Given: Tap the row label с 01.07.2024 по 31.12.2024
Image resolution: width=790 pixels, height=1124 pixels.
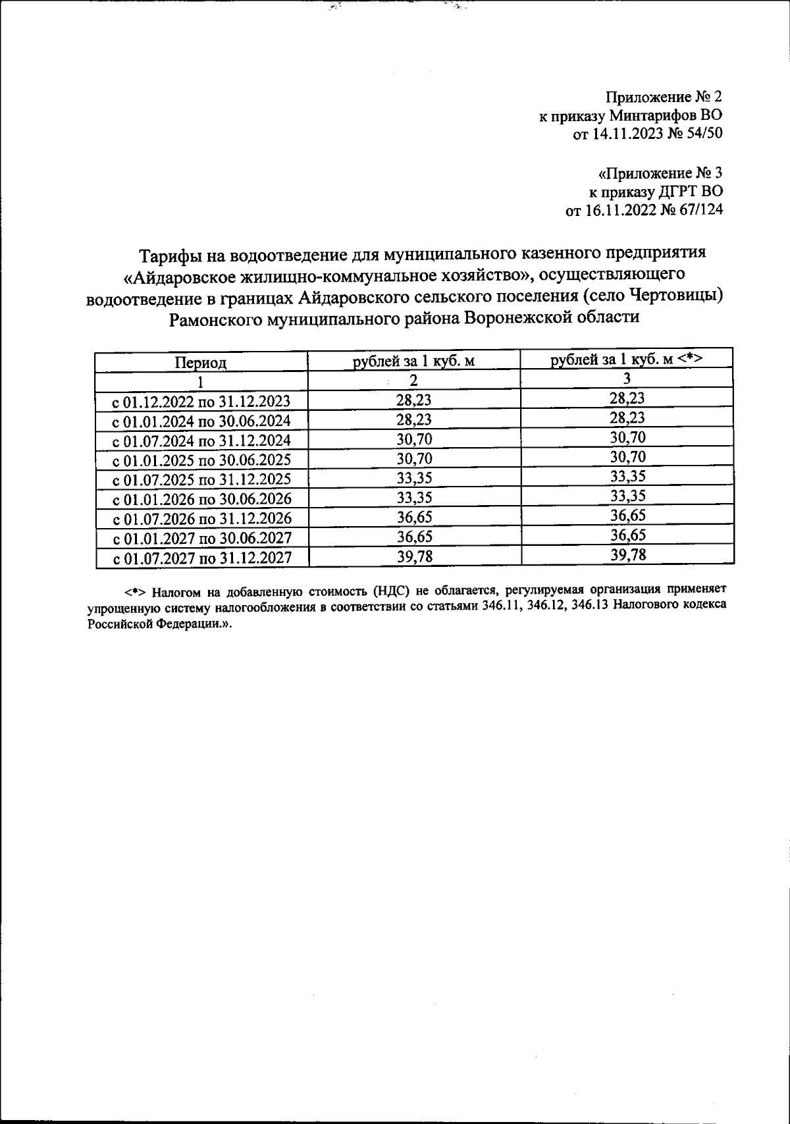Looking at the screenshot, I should (x=202, y=441).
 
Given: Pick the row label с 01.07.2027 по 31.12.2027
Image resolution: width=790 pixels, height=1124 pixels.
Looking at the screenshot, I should (x=202, y=558).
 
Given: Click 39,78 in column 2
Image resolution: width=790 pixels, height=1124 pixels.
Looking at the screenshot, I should (x=414, y=556).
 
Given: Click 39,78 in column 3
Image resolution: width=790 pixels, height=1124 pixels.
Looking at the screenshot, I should (x=628, y=554).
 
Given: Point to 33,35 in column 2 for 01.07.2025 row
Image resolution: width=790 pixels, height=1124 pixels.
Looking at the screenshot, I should (x=414, y=478).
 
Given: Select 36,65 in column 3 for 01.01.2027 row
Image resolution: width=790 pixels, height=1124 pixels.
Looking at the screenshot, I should (x=628, y=535).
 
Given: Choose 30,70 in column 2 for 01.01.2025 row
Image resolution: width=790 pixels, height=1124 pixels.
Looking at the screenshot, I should (x=414, y=458).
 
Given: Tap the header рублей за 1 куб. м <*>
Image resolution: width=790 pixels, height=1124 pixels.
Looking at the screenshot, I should (x=627, y=360).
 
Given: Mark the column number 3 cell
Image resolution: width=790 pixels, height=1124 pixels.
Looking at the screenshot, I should (x=627, y=379).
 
